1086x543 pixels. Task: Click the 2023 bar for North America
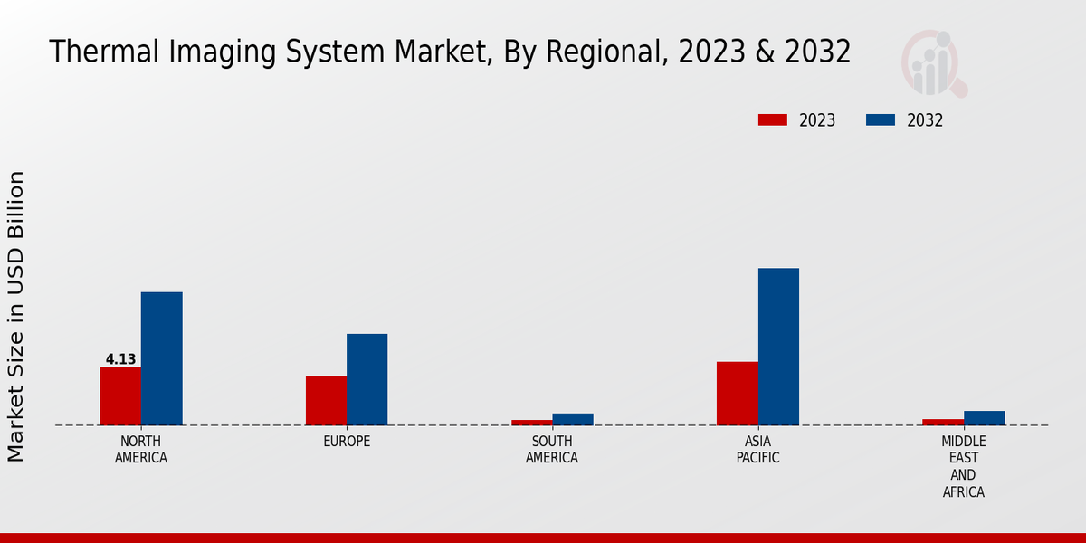coord(120,395)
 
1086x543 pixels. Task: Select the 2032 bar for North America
coord(161,358)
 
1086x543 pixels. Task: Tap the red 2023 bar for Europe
coord(326,400)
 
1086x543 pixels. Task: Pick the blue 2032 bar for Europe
coord(367,379)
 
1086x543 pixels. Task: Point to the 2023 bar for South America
coord(531,422)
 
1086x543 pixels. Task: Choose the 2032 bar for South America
coord(573,419)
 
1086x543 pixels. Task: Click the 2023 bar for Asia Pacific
coord(737,393)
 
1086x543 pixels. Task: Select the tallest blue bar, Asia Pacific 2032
coord(778,347)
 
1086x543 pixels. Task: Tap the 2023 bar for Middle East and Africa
coord(943,422)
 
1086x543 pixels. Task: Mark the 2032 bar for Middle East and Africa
coord(984,418)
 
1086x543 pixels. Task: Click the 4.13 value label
coord(120,359)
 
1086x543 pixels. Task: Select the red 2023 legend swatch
coord(773,120)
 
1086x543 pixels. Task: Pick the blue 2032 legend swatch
coord(881,120)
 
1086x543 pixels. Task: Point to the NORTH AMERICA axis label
coord(141,450)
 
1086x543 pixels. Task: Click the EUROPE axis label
coord(347,442)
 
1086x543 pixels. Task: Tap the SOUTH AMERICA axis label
coord(552,450)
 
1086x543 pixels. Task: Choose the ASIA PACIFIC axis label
coord(757,450)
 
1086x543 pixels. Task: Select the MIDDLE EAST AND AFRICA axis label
coord(963,467)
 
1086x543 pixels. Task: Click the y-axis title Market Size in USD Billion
coord(16,316)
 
